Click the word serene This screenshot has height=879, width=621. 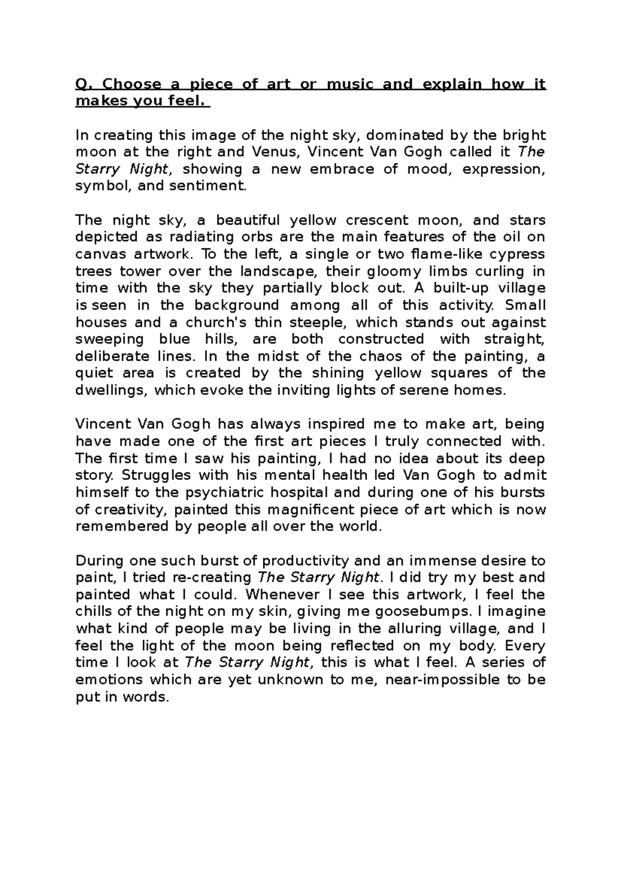[426, 390]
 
